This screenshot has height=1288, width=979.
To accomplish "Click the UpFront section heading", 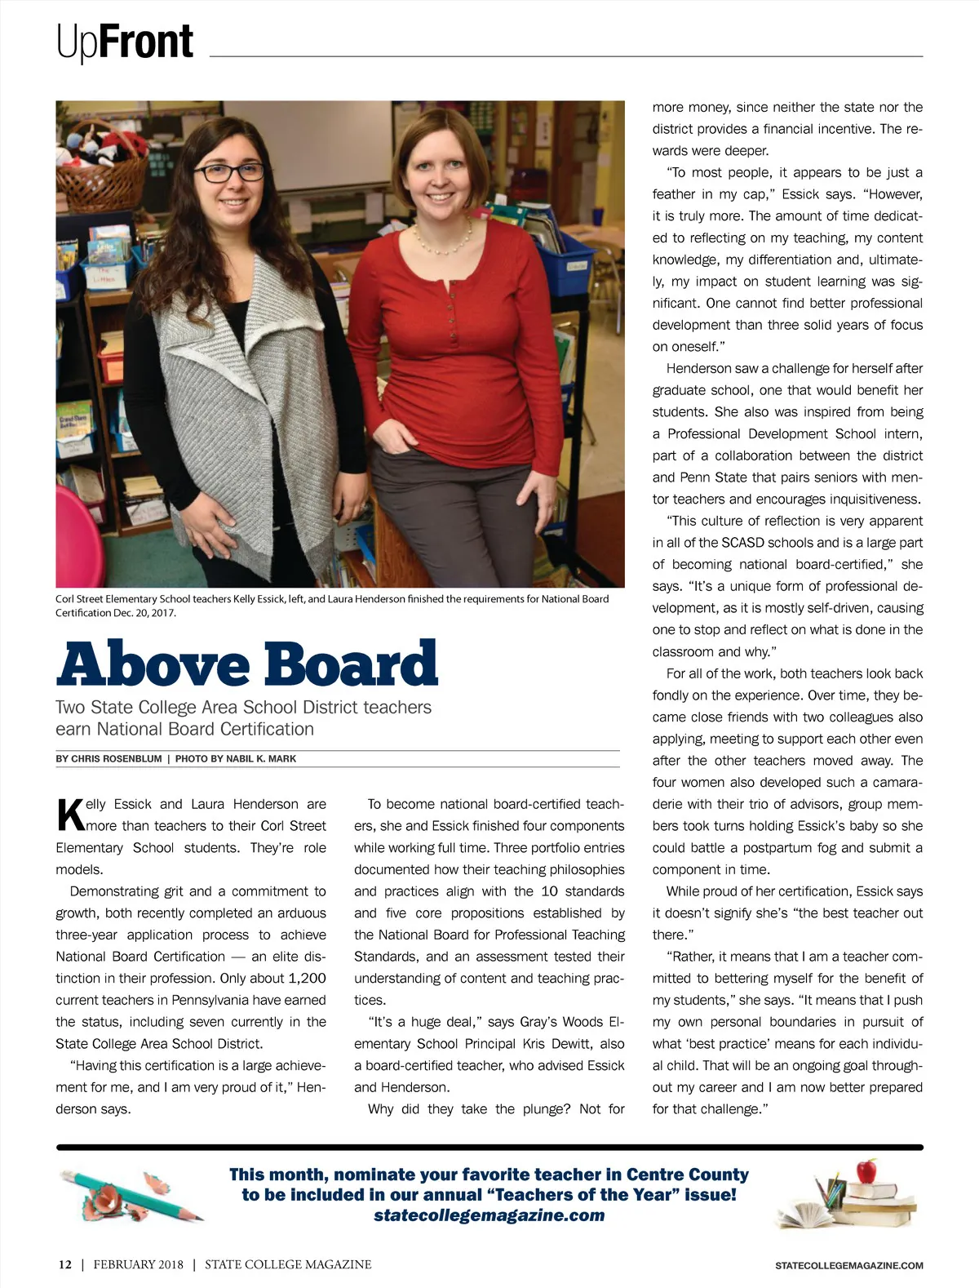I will (x=125, y=42).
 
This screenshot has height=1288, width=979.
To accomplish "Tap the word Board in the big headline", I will (x=351, y=664).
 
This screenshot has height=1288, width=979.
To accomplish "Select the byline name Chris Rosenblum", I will (x=117, y=759).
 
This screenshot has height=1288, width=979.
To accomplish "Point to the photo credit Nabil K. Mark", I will (x=260, y=759).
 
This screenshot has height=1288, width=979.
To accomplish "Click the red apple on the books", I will (x=866, y=1171).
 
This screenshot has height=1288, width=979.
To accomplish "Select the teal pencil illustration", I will (x=131, y=1196).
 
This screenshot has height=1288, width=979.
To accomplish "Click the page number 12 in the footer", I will (x=64, y=1264).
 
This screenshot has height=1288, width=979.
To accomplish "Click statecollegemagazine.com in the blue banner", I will (x=489, y=1215).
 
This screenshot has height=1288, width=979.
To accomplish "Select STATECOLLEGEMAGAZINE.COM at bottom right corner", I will (x=848, y=1265).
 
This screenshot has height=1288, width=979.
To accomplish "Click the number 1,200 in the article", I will (x=307, y=978).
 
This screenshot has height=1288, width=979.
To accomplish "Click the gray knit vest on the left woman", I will (x=245, y=392).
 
